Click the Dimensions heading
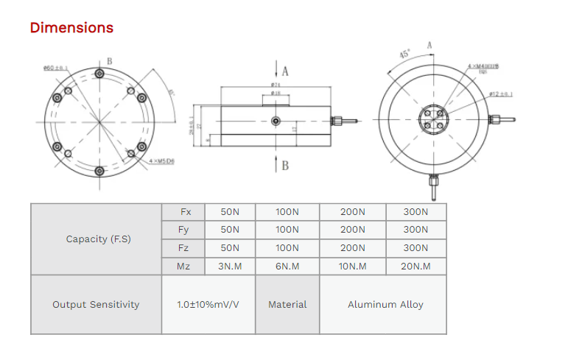[x=71, y=28]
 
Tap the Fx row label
[x=185, y=212]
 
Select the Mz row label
[x=185, y=266]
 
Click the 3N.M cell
[x=230, y=266]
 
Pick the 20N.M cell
[x=415, y=266]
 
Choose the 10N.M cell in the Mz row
[x=353, y=266]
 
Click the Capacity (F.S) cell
[x=98, y=239]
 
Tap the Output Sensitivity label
[x=96, y=305]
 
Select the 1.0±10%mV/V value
[x=208, y=305]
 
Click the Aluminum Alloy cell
[x=385, y=305]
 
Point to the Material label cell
[x=287, y=305]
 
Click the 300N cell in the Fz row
[x=415, y=248]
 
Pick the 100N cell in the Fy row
[x=287, y=230]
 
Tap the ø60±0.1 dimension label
[x=55, y=68]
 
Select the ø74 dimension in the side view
[x=275, y=86]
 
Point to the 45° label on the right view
[x=404, y=54]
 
